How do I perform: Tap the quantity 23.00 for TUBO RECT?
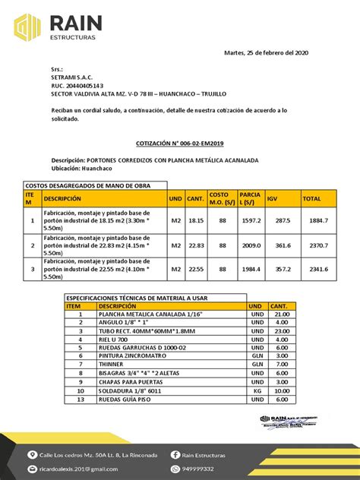click(x=282, y=330)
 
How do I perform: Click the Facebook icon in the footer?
click(x=175, y=455)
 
